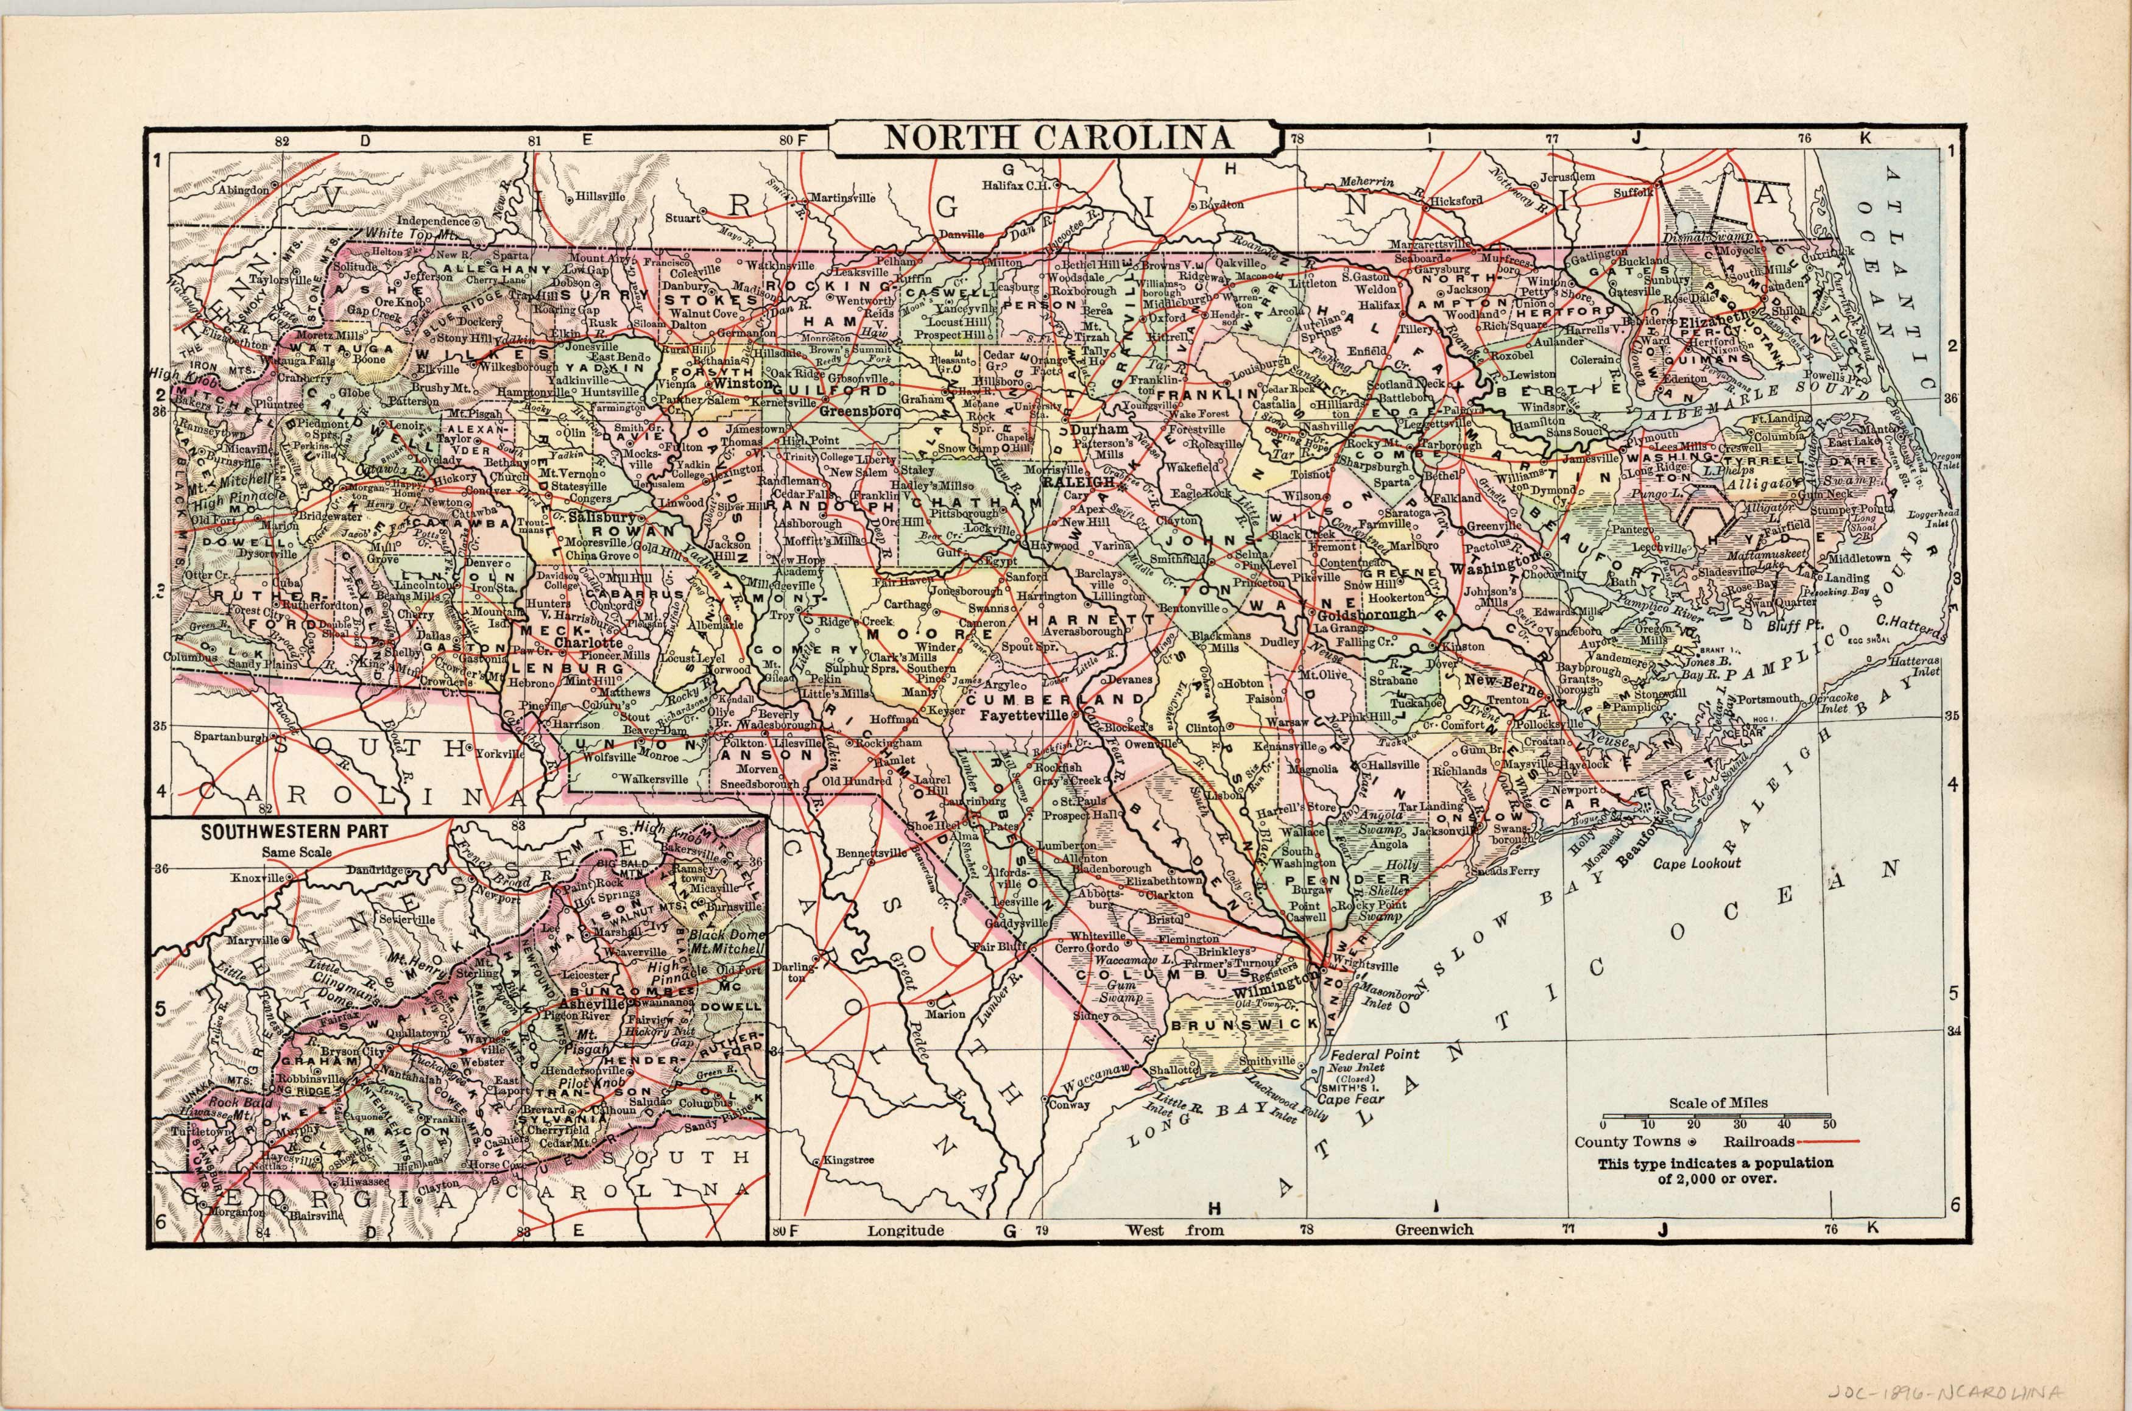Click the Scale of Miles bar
pos(1716,1117)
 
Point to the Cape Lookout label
pos(1697,862)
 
